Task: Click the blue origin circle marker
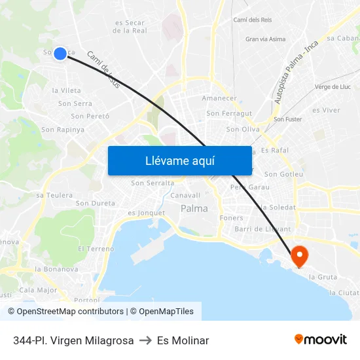60,53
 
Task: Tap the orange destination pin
300,256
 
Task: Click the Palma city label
194,209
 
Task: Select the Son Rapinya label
63,130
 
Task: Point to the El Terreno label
96,249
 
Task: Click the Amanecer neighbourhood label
219,98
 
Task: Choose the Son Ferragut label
229,113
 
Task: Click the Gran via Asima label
265,39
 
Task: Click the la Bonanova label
56,269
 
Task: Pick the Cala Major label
38,290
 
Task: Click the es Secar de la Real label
130,27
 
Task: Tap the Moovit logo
321,339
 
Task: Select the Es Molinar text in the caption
183,340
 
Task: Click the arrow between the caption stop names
145,340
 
